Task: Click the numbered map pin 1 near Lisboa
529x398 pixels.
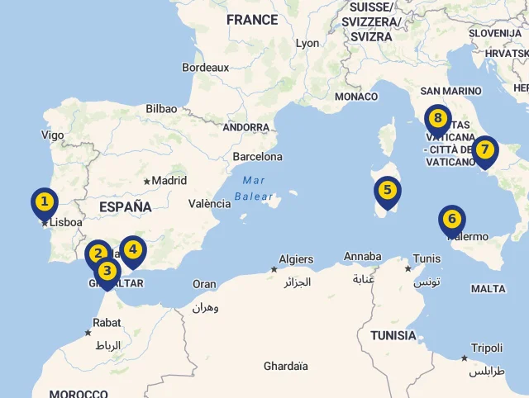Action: pos(45,201)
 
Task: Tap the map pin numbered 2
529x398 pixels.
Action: pos(98,253)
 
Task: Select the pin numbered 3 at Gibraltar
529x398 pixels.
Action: pos(107,271)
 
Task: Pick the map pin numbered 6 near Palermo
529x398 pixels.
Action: pos(451,220)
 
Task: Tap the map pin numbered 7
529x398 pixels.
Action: pos(485,150)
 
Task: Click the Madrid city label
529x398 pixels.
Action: pos(169,181)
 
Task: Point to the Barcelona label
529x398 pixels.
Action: pos(258,156)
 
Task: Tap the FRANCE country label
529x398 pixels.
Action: pos(252,20)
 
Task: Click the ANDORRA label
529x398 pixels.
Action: pos(246,128)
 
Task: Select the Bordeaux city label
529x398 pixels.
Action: pos(205,68)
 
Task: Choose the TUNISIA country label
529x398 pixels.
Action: pos(393,335)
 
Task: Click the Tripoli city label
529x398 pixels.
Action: pos(487,348)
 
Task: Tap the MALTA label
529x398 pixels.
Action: pos(488,289)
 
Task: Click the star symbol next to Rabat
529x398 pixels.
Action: pos(88,333)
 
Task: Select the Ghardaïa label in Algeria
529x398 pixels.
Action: pos(286,366)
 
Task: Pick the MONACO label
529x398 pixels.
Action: pos(356,97)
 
